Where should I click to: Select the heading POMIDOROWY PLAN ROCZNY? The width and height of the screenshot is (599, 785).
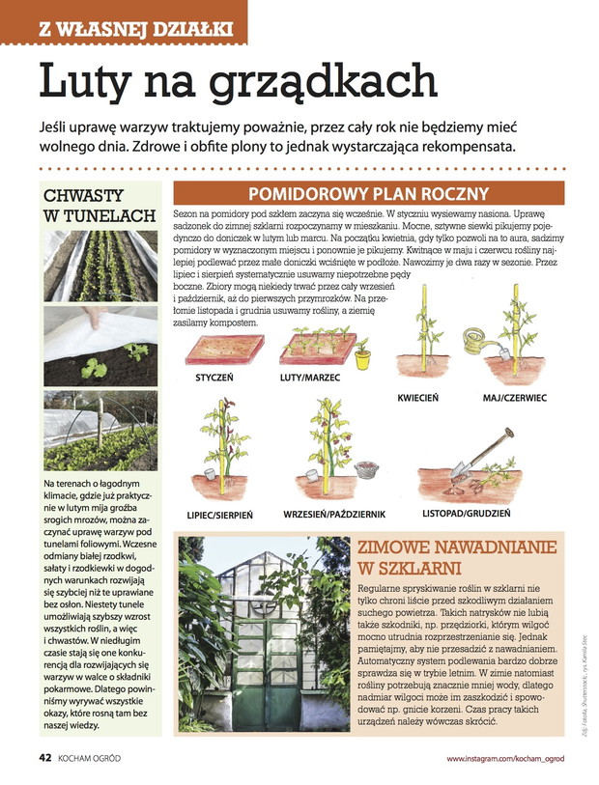(x=368, y=192)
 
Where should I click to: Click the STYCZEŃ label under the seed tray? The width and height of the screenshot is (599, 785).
(x=214, y=378)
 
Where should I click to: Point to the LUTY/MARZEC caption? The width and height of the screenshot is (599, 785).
(x=309, y=378)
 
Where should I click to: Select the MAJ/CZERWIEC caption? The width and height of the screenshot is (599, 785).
(x=514, y=398)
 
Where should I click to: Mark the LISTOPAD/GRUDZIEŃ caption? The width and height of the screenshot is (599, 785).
(x=467, y=513)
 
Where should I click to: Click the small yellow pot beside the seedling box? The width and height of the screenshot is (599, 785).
(x=362, y=358)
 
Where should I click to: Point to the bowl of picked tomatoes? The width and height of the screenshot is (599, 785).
(x=366, y=470)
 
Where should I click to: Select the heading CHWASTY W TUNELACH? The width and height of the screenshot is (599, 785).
(x=100, y=205)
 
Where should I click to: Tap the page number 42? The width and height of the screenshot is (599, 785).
(x=44, y=757)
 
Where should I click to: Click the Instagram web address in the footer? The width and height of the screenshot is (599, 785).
(x=504, y=758)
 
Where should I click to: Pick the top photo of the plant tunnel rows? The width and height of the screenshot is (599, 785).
(x=100, y=265)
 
